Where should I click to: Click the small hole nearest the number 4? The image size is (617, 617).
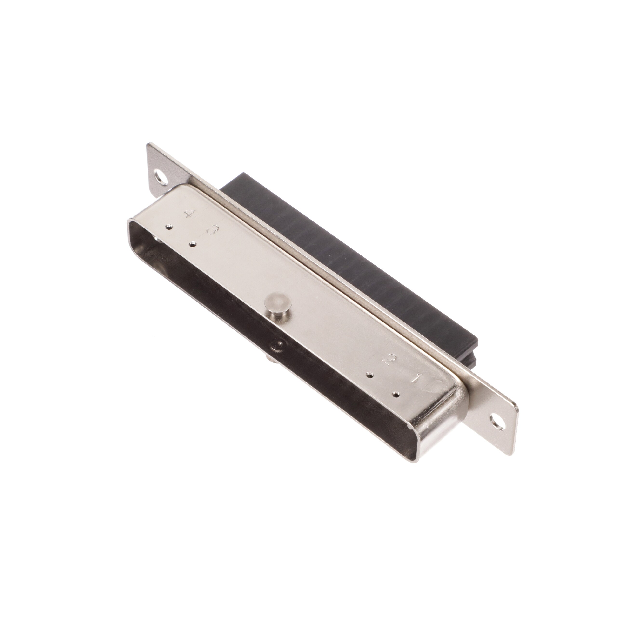pyautogui.click(x=169, y=227)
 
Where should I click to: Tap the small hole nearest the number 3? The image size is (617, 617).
pyautogui.click(x=193, y=245)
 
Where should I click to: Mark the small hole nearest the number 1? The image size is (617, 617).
pyautogui.click(x=396, y=394)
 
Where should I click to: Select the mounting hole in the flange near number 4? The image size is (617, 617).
pyautogui.click(x=161, y=178)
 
